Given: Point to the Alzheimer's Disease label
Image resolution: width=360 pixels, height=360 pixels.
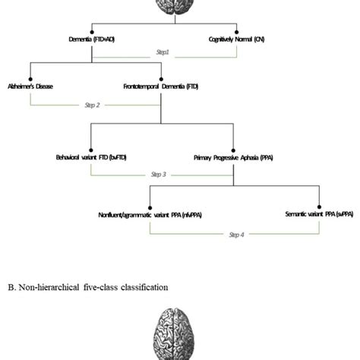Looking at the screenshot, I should pos(31,87).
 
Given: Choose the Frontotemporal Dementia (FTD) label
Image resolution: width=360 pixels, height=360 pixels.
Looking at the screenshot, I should pos(161,87).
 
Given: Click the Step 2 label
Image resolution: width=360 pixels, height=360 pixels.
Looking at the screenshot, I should pos(93,105).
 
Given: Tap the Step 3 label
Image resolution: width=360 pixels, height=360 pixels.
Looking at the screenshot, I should pos(159,175).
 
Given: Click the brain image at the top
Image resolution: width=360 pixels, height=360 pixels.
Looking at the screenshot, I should pos(180,6).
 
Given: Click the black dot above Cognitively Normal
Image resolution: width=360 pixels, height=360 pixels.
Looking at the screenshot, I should pos(238,27).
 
